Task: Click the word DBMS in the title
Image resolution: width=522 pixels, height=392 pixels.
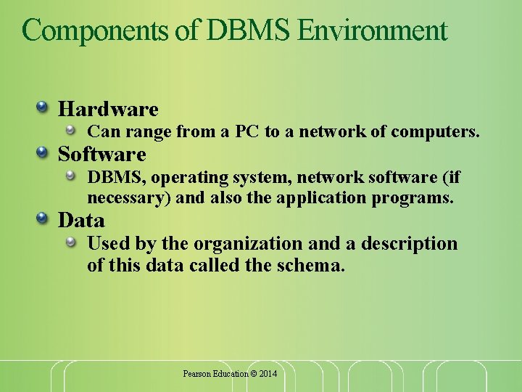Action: pyautogui.click(x=248, y=30)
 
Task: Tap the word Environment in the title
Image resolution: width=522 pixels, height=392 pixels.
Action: pyautogui.click(x=372, y=30)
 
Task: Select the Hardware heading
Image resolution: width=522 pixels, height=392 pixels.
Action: pyautogui.click(x=108, y=109)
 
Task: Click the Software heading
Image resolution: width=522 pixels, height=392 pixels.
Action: pyautogui.click(x=102, y=154)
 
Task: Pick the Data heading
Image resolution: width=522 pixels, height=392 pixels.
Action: pyautogui.click(x=81, y=219)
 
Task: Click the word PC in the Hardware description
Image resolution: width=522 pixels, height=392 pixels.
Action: pyautogui.click(x=248, y=132)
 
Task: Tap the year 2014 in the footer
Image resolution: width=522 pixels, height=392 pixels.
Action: pyautogui.click(x=267, y=373)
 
